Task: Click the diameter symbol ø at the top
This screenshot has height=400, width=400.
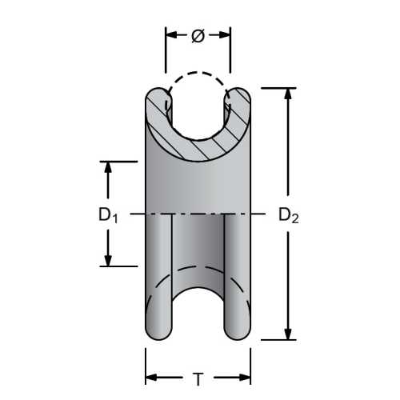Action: (x=198, y=36)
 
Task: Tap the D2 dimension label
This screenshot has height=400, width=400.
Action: (x=288, y=214)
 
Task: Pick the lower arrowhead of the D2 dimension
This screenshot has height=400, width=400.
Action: (x=288, y=336)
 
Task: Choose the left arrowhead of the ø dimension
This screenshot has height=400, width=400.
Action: (x=170, y=36)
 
